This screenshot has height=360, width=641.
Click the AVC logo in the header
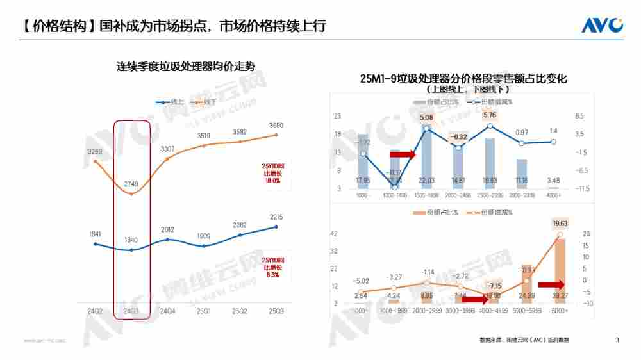click(602, 26)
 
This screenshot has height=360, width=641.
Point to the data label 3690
click(276, 126)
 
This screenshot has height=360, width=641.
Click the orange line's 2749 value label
click(131, 184)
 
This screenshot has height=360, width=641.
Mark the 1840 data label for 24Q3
click(131, 240)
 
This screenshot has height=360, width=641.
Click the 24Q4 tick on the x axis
click(167, 311)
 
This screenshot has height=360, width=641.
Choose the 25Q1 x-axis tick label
click(204, 311)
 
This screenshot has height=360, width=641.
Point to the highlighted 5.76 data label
click(490, 115)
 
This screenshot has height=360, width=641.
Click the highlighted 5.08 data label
click(426, 118)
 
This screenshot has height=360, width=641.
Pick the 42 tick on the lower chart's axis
click(333, 234)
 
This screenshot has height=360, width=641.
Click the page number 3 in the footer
click(617, 340)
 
